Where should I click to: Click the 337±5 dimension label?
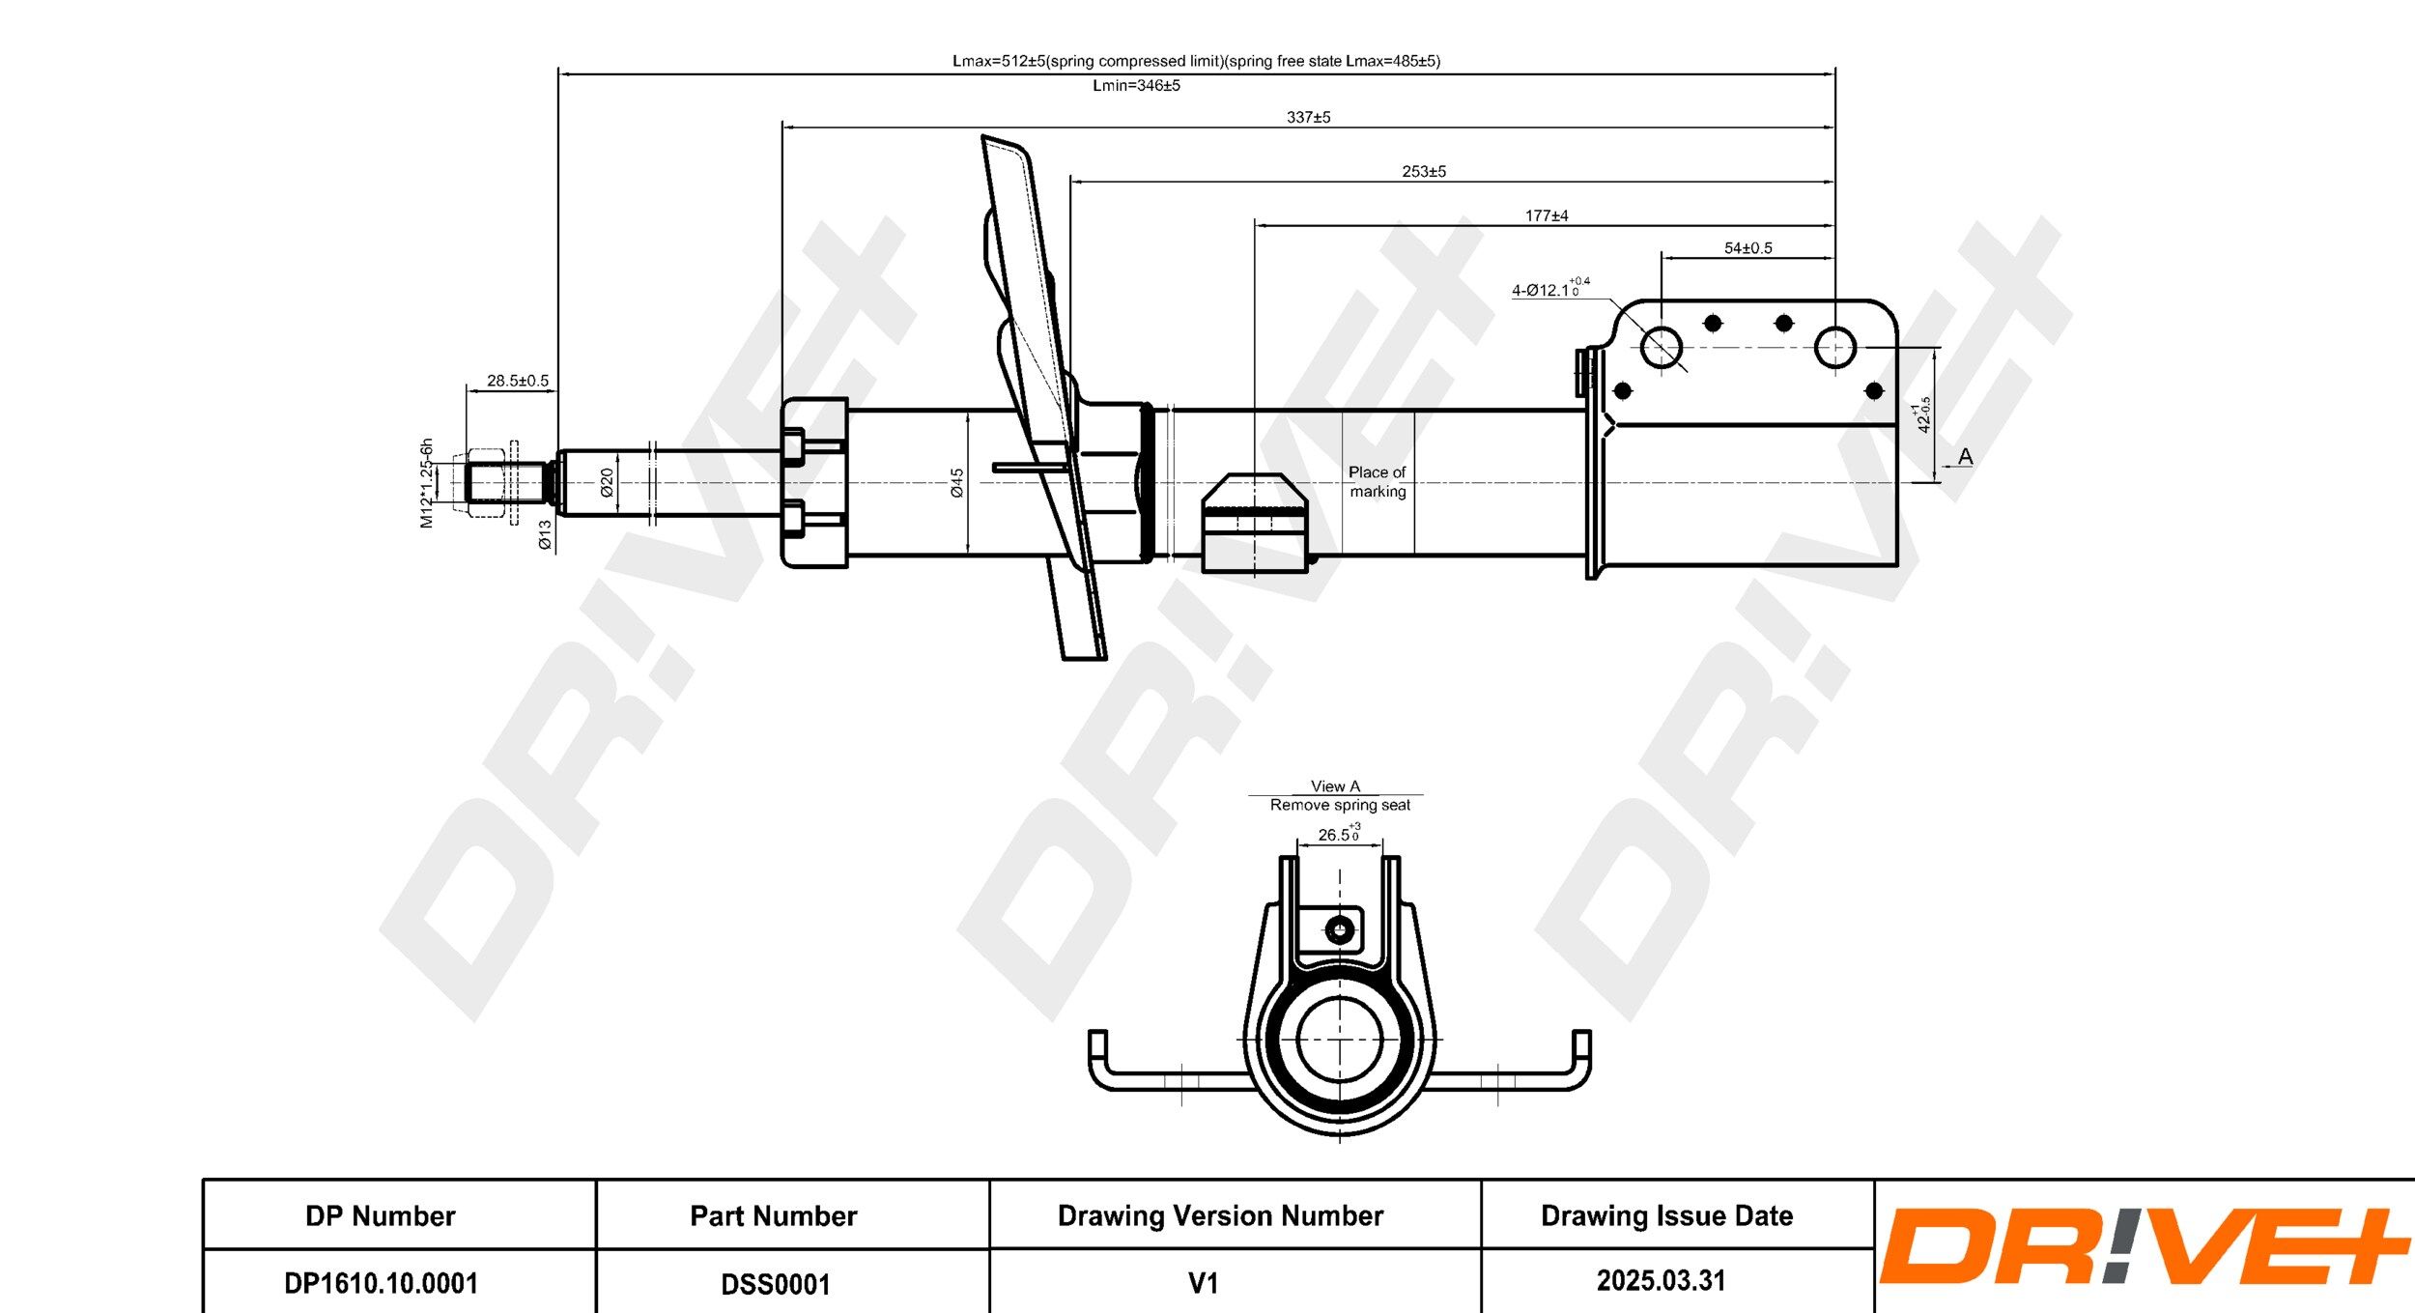1308,117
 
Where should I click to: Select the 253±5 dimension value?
1424,171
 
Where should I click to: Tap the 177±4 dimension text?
1547,215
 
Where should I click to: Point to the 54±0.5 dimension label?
1747,248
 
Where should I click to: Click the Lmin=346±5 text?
1136,85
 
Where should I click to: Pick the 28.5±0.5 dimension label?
517,381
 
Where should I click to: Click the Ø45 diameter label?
956,483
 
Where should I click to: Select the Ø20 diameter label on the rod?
607,482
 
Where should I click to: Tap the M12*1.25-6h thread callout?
426,483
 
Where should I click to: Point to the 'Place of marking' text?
1378,481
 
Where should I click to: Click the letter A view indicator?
1965,456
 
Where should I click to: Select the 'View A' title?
1335,786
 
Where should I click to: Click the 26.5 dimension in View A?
1337,835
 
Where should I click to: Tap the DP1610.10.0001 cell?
381,1283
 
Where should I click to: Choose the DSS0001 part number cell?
775,1284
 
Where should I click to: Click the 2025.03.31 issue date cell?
1661,1281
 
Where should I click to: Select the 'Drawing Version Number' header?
1220,1215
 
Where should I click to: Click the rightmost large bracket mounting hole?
1834,347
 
